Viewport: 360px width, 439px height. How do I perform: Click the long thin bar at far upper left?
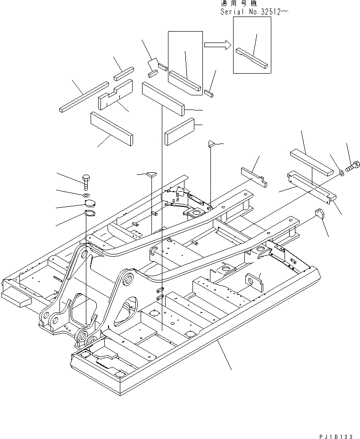click(x=84, y=96)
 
